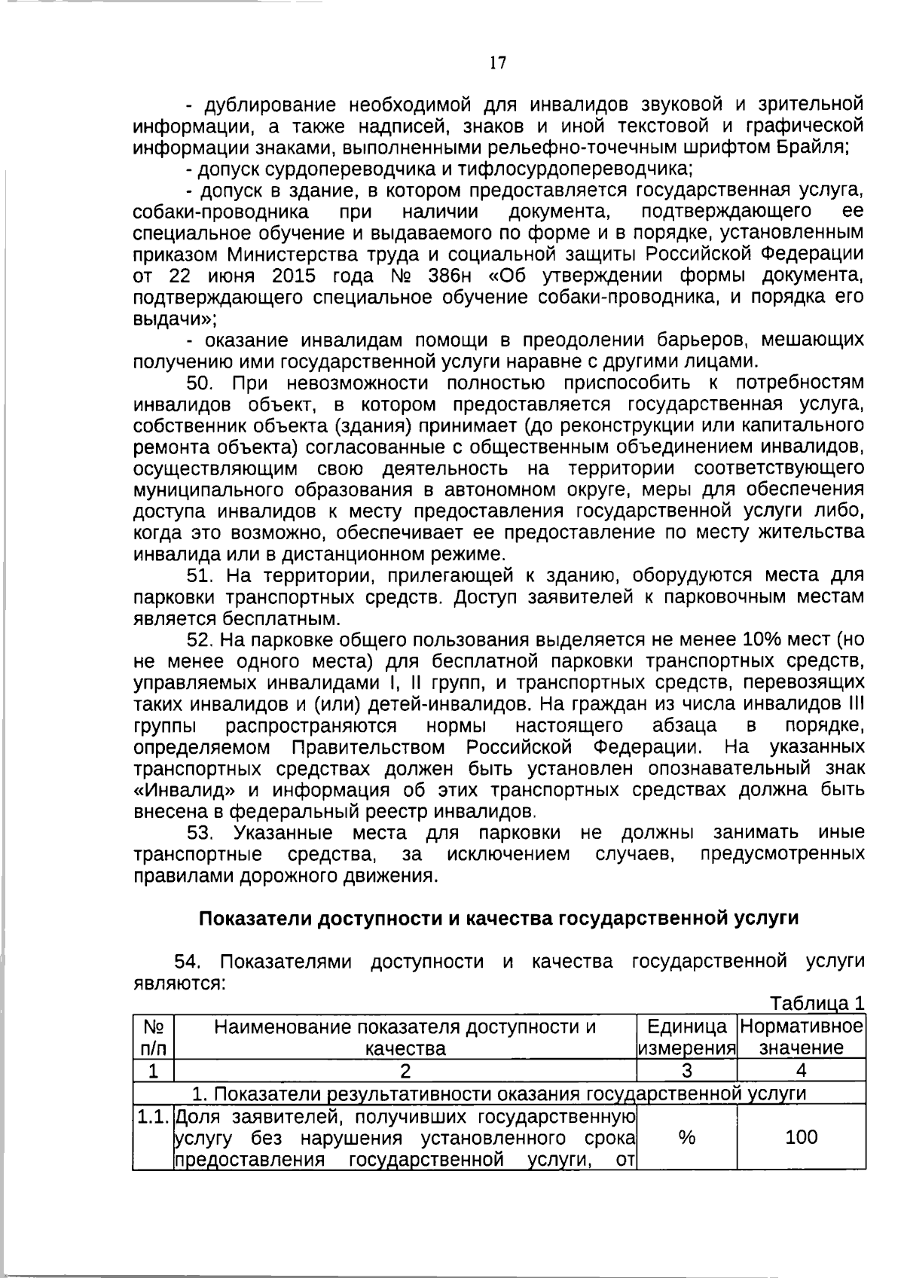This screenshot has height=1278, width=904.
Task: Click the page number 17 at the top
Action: [497, 63]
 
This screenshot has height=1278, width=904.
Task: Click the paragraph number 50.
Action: [201, 383]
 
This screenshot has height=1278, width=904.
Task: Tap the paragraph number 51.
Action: [201, 576]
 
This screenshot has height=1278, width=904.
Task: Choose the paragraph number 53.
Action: [201, 833]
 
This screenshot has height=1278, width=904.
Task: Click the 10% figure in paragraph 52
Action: [762, 640]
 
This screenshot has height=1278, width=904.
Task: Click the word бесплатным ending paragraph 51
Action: [281, 619]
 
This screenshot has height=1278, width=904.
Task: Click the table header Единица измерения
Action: [686, 1037]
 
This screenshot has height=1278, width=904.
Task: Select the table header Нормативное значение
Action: [802, 1037]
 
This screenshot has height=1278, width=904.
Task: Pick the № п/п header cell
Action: [154, 1037]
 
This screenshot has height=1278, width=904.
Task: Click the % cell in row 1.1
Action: [686, 1137]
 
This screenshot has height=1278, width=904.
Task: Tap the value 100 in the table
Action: [802, 1137]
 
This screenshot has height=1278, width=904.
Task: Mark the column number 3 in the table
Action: [686, 1070]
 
